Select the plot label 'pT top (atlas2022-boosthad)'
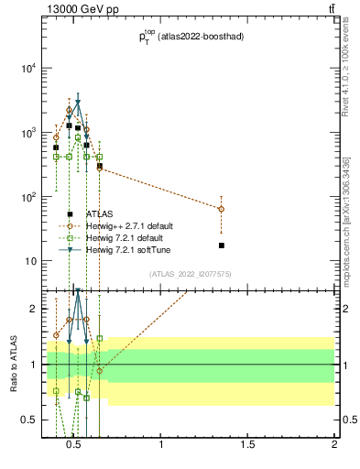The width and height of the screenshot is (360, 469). tap(189, 37)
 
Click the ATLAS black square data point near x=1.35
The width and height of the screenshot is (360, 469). tap(222, 245)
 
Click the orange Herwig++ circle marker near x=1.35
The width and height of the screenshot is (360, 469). tap(222, 209)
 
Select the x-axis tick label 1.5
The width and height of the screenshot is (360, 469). tap(248, 446)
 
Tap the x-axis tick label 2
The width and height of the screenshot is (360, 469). tap(334, 446)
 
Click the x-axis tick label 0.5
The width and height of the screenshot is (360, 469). tap(75, 446)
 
